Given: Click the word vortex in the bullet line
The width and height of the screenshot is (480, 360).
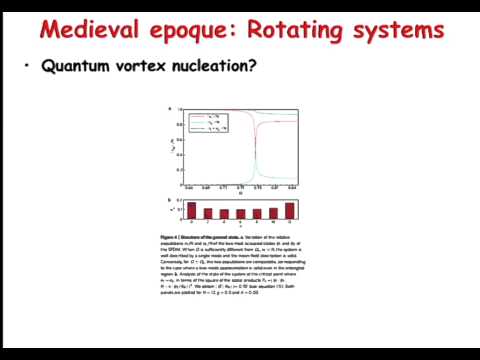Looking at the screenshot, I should (x=140, y=67).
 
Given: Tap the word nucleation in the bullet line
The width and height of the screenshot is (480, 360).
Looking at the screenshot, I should (x=211, y=67).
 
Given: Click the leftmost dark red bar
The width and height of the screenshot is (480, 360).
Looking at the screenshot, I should (x=192, y=211).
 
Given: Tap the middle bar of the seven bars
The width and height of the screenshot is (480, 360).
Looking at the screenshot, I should (x=241, y=213).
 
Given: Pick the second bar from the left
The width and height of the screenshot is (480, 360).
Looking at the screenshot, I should (x=208, y=212).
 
